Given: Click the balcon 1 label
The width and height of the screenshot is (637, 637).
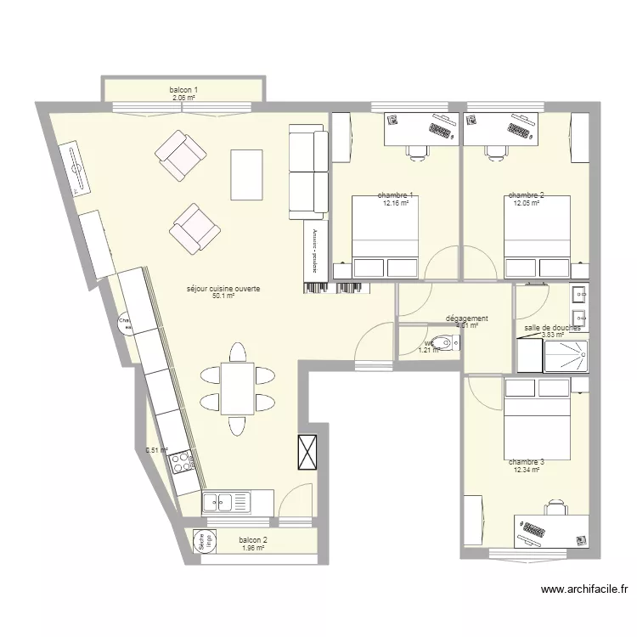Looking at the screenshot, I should point(183,90).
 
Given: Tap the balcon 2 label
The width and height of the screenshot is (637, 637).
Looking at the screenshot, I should point(253,540).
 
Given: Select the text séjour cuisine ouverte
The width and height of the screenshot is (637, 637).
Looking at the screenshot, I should point(223,289).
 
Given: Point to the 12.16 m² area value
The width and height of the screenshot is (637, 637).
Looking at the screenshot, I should point(396,204).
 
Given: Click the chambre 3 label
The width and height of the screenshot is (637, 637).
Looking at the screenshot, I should point(527,462).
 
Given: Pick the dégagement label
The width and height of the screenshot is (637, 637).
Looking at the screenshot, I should point(466,318).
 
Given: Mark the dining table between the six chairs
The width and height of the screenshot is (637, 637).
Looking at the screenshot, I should point(237,386).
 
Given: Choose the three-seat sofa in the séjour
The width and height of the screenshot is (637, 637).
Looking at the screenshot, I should point(307,170).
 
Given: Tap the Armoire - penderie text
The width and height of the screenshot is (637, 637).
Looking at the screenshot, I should point(313,250).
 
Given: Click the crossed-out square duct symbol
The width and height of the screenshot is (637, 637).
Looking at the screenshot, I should point(307,452).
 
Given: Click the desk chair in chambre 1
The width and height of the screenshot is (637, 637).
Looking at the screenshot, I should point(416,151).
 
